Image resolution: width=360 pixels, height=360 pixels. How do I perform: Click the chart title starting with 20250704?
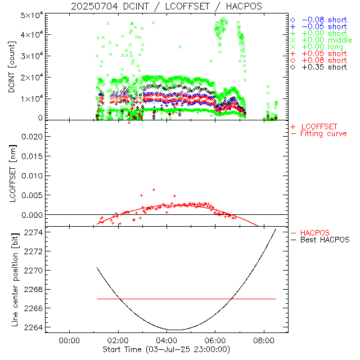[x=166, y=6]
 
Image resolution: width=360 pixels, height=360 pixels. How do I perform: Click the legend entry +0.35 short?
[x=323, y=67]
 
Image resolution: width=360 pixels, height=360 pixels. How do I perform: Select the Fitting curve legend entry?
[x=323, y=134]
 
